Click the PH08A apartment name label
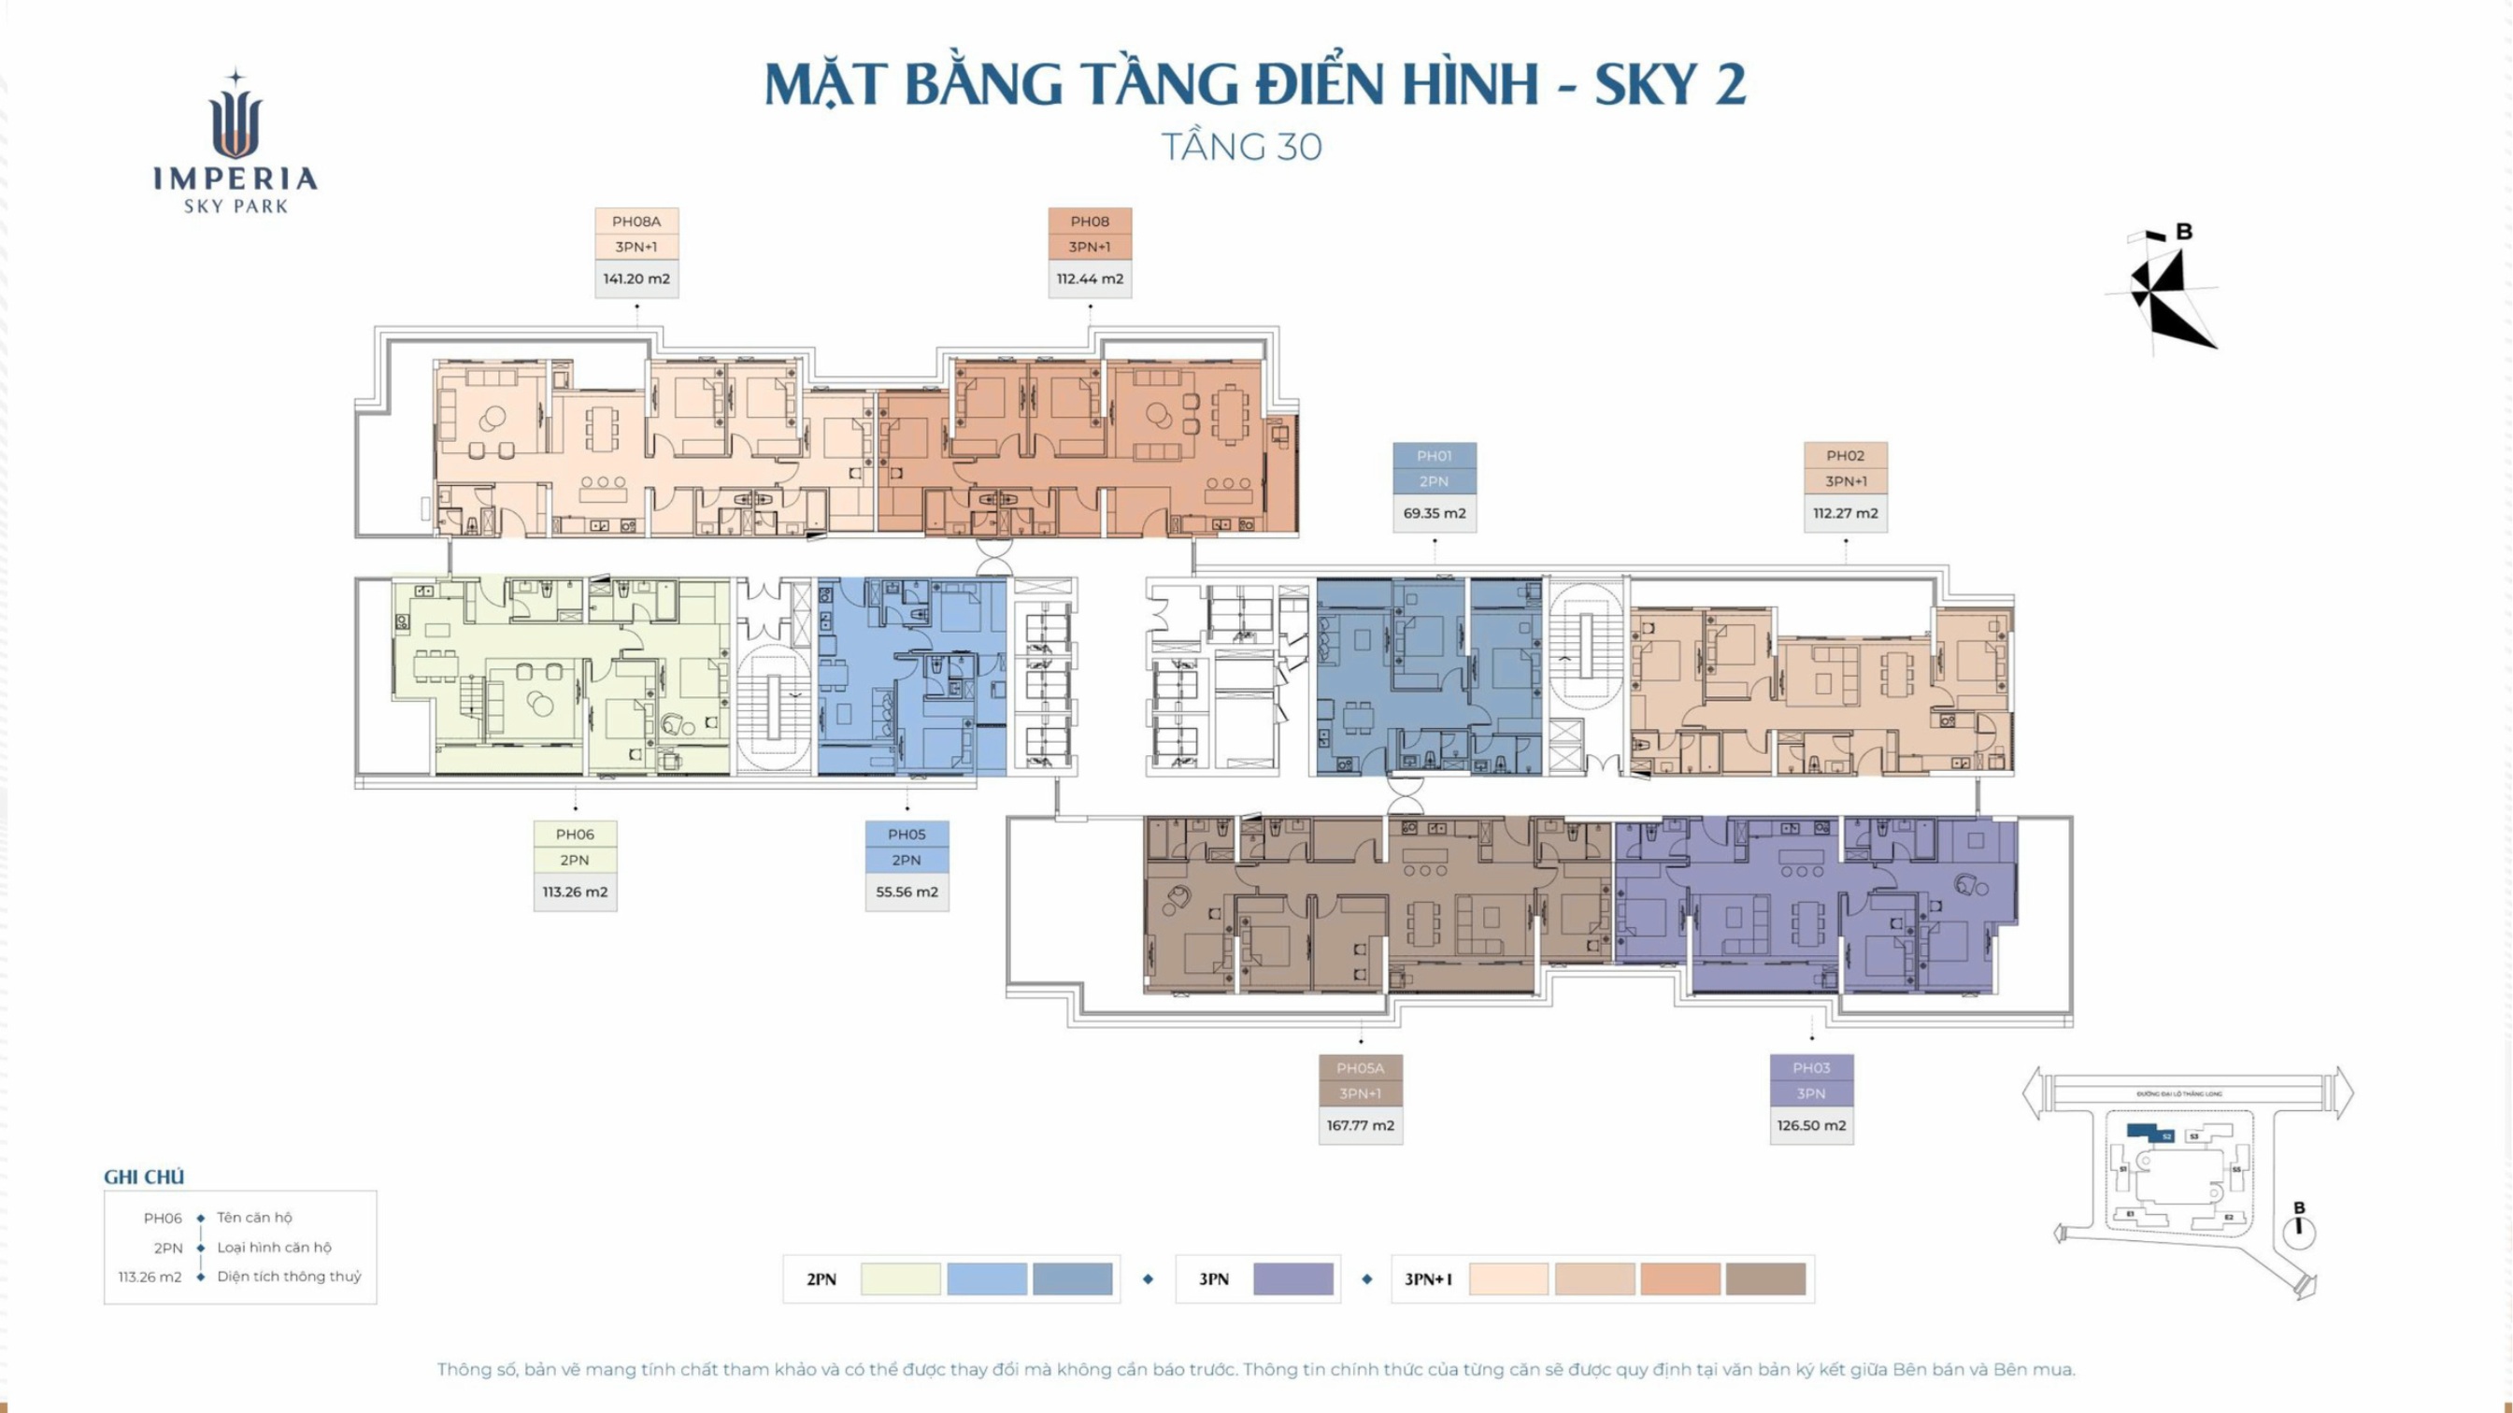coord(636,221)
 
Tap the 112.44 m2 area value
coord(1090,279)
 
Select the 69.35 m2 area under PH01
coord(1434,513)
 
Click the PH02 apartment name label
coord(1845,456)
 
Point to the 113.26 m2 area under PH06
coord(575,892)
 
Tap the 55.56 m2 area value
coord(907,892)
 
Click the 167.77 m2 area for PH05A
coord(1360,1125)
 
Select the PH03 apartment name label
coord(1810,1068)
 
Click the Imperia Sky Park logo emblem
coord(236,117)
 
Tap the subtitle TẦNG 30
coord(1241,148)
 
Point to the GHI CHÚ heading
coord(144,1177)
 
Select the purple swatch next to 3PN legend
coord(1292,1279)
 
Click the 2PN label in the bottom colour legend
coord(821,1279)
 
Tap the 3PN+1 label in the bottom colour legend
coord(1427,1279)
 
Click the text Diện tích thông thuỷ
coord(289,1277)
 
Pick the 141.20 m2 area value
coord(636,279)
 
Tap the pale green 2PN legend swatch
coord(900,1279)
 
